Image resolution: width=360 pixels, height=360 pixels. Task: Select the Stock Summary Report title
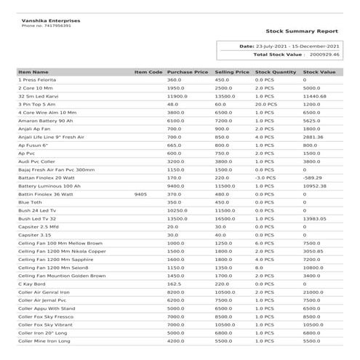(301, 32)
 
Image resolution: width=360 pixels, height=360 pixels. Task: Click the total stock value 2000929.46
(325, 55)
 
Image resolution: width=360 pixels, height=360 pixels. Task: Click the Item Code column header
(148, 73)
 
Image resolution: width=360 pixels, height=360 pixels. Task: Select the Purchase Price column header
(188, 73)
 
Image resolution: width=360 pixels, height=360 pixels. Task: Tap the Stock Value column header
(319, 73)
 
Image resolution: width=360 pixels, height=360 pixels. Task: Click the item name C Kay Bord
(33, 284)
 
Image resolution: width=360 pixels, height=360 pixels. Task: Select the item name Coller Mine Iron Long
(44, 340)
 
